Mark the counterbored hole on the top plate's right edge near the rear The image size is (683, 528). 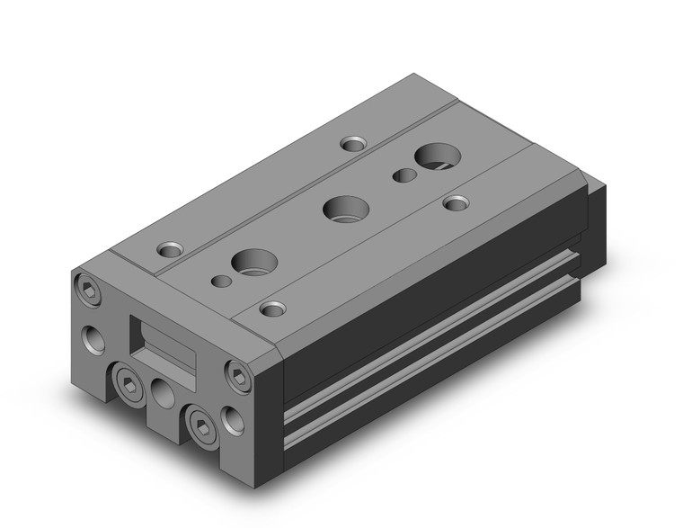(457, 202)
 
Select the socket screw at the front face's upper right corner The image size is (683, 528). (238, 378)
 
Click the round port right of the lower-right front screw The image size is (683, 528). (233, 419)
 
